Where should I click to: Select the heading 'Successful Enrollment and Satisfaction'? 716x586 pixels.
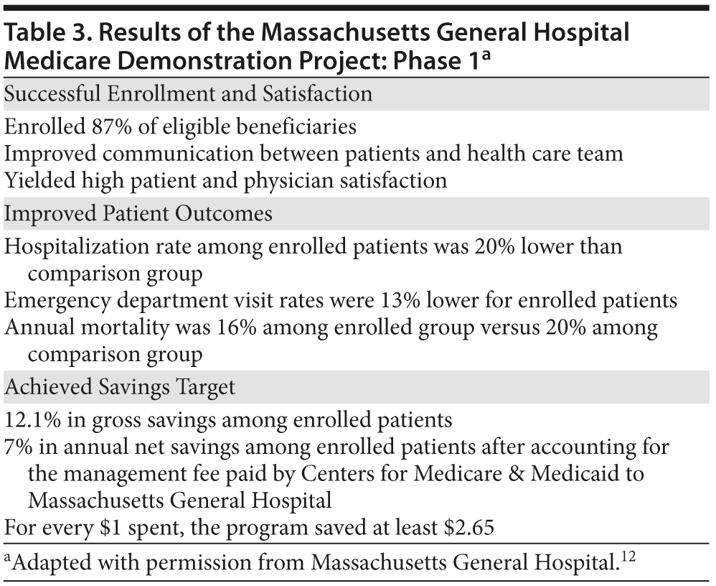[x=188, y=93]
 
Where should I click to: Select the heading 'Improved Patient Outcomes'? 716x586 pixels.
[x=138, y=213]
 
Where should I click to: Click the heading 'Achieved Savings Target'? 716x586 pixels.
[x=120, y=386]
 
